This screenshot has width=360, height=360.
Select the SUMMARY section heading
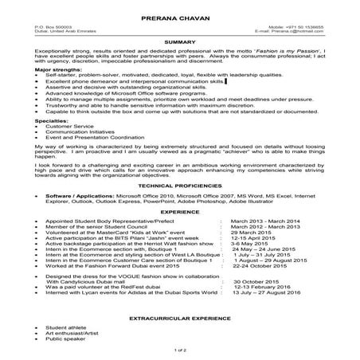(x=179, y=40)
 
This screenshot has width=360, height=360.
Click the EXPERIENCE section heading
(x=179, y=213)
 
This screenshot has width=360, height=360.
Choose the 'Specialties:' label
(x=52, y=119)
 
